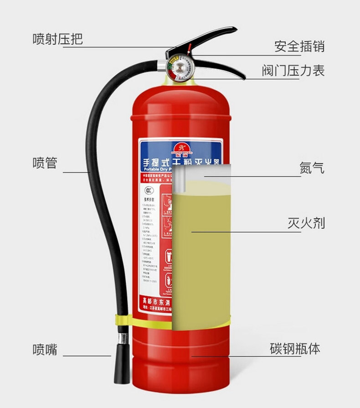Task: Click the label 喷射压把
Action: [57, 39]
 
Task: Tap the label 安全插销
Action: [299, 46]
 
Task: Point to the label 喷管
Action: [45, 163]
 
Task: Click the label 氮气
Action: [312, 168]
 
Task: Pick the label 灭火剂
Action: [306, 223]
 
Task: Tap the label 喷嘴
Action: [45, 349]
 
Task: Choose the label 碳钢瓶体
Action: [295, 349]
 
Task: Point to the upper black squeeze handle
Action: [210, 38]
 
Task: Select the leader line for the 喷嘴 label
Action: [87, 356]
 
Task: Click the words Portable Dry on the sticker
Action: [155, 168]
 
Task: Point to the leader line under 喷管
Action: [76, 172]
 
